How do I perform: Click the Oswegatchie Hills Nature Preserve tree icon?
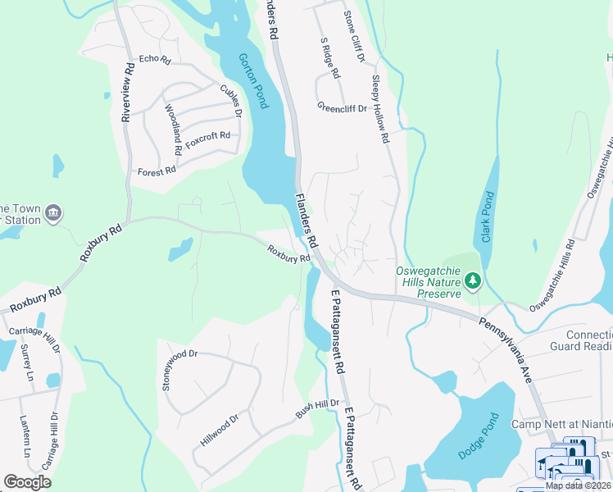pyautogui.click(x=472, y=281)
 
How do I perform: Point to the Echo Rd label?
pyautogui.click(x=154, y=60)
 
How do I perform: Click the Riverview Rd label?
pyautogui.click(x=127, y=93)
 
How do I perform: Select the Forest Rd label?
pyautogui.click(x=157, y=171)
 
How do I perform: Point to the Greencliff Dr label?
pyautogui.click(x=342, y=107)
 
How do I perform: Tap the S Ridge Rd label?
pyautogui.click(x=329, y=57)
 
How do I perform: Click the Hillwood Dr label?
pyautogui.click(x=217, y=430)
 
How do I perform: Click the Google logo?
pyautogui.click(x=27, y=482)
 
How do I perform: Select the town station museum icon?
pyautogui.click(x=53, y=212)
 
